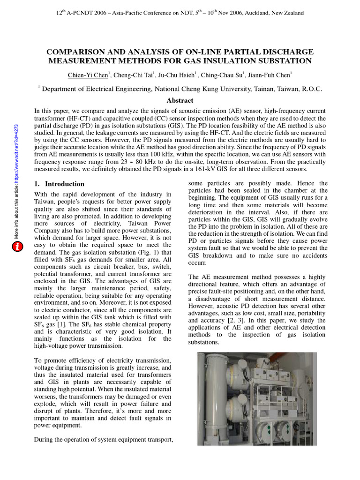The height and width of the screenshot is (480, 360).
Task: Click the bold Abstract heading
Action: [x=180, y=100]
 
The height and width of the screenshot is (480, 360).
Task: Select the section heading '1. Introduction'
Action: [x=60, y=184]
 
